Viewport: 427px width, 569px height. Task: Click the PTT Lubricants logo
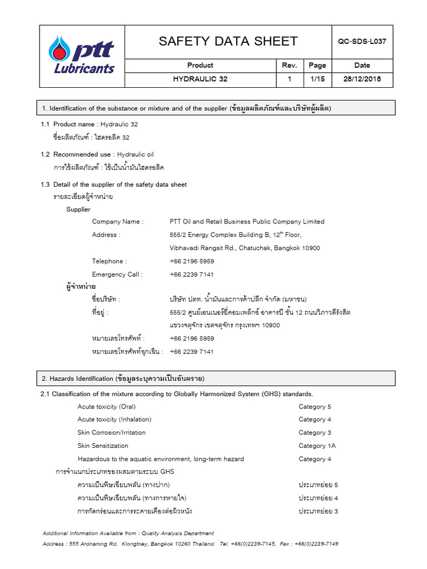[x=82, y=56]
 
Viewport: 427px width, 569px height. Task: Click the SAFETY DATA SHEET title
[x=228, y=41]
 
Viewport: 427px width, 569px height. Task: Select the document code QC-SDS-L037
[x=362, y=41]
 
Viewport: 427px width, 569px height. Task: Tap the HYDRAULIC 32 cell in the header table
[x=200, y=79]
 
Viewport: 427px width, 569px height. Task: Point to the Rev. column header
[x=290, y=65]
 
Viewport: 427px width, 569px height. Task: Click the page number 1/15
[x=317, y=79]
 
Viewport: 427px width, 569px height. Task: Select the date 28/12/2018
[x=362, y=79]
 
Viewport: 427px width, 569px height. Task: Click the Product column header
[x=200, y=65]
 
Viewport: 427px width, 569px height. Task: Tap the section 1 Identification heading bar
[x=217, y=108]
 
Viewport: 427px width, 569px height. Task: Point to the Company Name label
[x=117, y=221]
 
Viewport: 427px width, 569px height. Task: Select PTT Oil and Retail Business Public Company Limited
[x=247, y=221]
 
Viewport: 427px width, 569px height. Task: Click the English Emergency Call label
[x=117, y=274]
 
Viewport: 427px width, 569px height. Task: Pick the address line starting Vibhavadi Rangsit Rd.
[x=245, y=248]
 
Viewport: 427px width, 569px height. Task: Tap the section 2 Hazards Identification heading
[x=123, y=378]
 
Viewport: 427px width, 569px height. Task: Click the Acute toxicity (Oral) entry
[x=106, y=406]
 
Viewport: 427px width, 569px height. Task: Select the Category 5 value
[x=315, y=406]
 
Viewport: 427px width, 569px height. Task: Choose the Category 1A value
[x=317, y=446]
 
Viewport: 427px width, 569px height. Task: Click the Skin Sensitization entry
[x=103, y=446]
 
